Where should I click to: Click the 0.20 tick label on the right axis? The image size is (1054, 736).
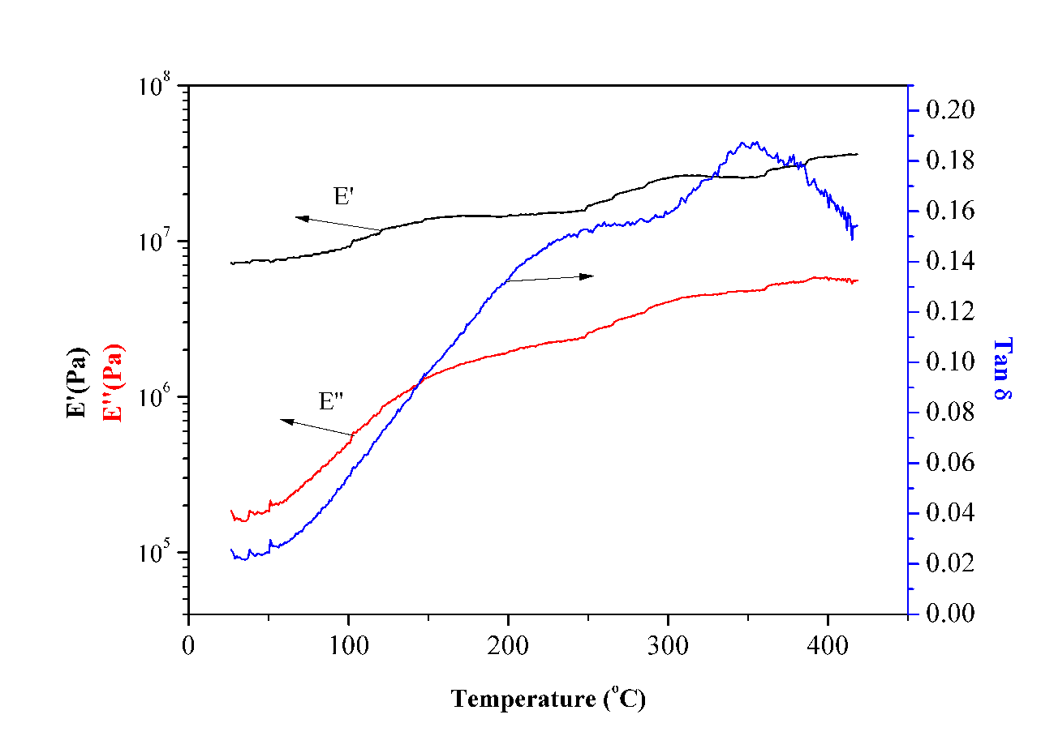pyautogui.click(x=941, y=110)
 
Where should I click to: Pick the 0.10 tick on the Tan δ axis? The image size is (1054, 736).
pyautogui.click(x=941, y=362)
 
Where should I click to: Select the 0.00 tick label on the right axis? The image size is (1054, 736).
pyautogui.click(x=941, y=614)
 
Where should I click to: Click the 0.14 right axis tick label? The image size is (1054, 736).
pyautogui.click(x=941, y=261)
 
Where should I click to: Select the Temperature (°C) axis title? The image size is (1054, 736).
pyautogui.click(x=549, y=698)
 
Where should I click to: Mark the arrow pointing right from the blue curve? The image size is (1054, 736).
pyautogui.click(x=550, y=278)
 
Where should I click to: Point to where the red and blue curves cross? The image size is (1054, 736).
pyautogui.click(x=419, y=381)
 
